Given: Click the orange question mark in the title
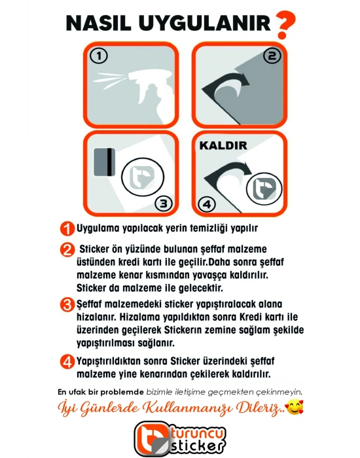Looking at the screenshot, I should click(283, 24).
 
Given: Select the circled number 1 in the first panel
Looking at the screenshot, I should click(99, 56).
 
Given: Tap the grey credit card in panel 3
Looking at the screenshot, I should click(103, 163).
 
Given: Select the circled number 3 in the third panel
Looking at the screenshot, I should click(164, 203).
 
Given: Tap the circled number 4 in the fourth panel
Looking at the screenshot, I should click(207, 204).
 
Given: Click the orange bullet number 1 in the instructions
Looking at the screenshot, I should click(67, 229).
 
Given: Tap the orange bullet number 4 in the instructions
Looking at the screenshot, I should click(67, 361).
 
